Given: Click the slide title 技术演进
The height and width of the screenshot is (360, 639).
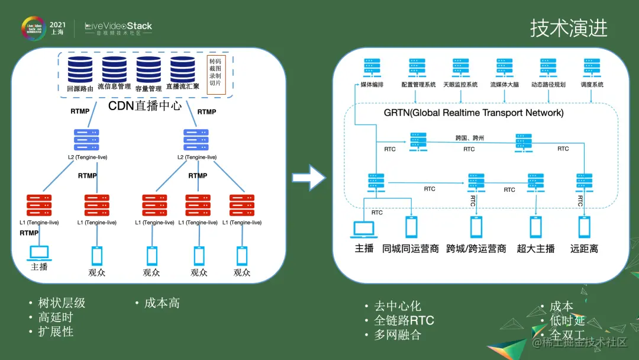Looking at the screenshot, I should (x=568, y=28).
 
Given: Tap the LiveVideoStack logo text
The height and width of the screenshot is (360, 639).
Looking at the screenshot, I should (x=118, y=27).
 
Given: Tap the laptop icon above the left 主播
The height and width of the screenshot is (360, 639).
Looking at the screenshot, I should (x=40, y=252).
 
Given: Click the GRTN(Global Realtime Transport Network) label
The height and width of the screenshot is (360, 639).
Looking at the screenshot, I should (x=473, y=112).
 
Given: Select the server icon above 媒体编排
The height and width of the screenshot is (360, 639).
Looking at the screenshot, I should (x=372, y=68).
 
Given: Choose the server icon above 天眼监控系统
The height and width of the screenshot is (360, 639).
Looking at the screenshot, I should (x=460, y=68).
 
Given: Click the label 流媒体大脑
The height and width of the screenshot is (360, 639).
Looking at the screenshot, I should (x=504, y=85).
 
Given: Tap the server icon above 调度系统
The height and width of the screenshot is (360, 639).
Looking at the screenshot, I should (x=592, y=68).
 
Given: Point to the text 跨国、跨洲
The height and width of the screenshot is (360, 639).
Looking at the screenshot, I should (x=470, y=138).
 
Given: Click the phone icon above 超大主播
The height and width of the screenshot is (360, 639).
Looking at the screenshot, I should (x=535, y=227).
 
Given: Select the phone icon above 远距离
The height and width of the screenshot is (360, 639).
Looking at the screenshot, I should (x=584, y=227).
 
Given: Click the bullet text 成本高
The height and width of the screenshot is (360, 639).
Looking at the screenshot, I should (x=162, y=303).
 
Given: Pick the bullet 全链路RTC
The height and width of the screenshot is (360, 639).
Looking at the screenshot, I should (x=404, y=320).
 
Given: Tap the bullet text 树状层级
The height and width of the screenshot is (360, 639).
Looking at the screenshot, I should (x=62, y=303).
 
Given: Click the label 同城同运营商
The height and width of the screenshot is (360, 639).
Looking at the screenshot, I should (x=410, y=249).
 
